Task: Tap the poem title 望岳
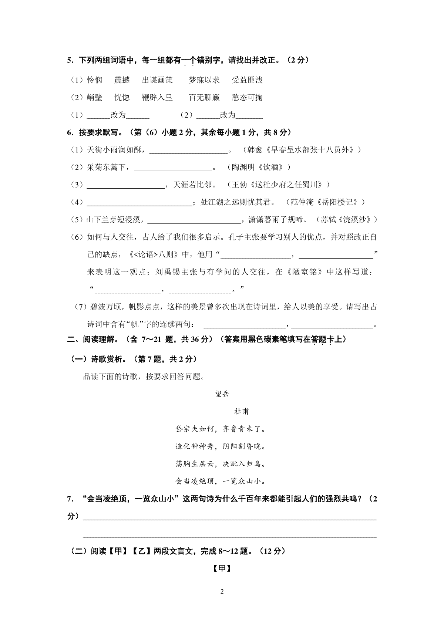click(x=222, y=394)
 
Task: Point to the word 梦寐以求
click(x=204, y=80)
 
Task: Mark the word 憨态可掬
click(x=247, y=98)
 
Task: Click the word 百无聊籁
click(x=204, y=98)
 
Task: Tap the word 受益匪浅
click(x=247, y=80)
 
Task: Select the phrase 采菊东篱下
click(x=108, y=168)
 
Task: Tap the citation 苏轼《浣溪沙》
click(x=349, y=220)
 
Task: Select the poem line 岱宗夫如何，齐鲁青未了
click(x=221, y=429)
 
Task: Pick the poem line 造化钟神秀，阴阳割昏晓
click(x=221, y=446)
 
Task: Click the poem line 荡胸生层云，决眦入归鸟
click(x=221, y=464)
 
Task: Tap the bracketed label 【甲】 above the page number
click(x=222, y=569)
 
